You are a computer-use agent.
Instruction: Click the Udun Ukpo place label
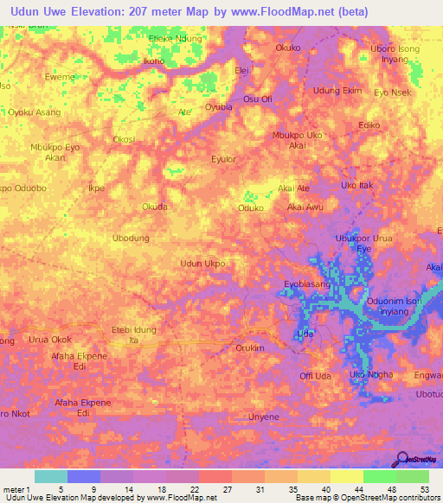point(202,263)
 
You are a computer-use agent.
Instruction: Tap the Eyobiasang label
point(307,283)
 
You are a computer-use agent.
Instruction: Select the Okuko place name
point(287,48)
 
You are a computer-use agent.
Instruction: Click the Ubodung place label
point(132,238)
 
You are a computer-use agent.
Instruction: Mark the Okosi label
point(124,139)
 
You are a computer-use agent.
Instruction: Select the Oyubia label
point(218,108)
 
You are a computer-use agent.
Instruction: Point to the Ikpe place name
point(97,188)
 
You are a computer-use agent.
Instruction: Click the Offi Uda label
point(316,375)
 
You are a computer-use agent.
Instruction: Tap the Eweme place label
point(60,77)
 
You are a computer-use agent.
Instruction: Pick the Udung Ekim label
point(337,91)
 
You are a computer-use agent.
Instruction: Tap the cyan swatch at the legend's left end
point(50,476)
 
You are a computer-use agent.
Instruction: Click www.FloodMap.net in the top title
point(288,12)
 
